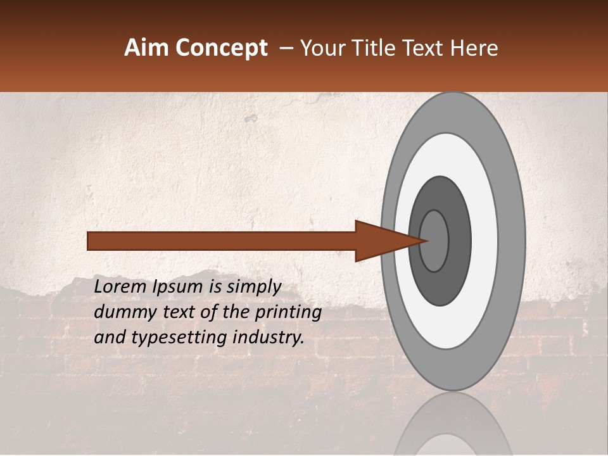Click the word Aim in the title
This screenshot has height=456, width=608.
pyautogui.click(x=147, y=48)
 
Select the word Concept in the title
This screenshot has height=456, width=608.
pyautogui.click(x=221, y=48)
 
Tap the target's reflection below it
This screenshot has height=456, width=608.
pyautogui.click(x=453, y=427)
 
